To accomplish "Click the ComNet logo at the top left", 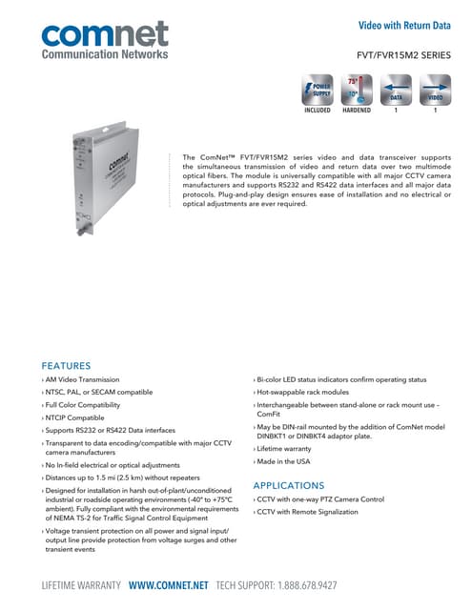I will coord(105,40).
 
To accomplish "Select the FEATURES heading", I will coord(67,365).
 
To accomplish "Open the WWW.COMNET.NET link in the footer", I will coord(169,584).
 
